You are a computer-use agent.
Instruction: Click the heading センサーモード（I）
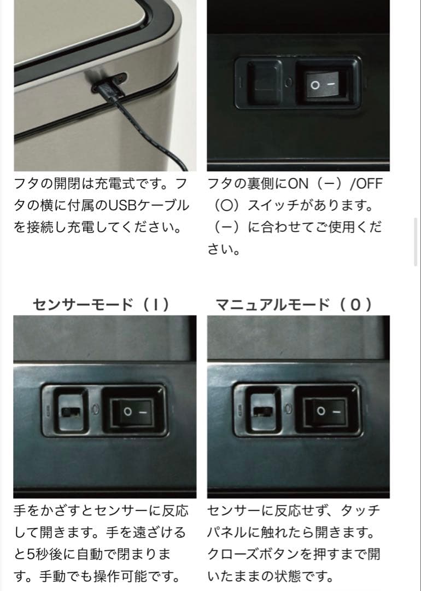click(x=101, y=304)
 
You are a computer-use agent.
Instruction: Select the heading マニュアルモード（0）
click(x=295, y=304)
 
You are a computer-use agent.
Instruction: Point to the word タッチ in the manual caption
click(x=361, y=511)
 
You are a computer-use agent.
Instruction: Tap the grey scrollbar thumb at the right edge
click(x=417, y=241)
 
